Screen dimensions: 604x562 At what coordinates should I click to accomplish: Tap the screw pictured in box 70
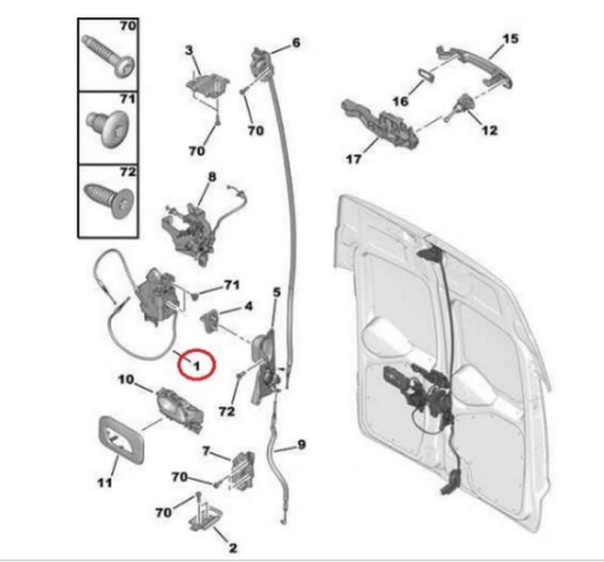point(109,57)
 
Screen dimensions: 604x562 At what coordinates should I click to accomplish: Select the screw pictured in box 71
point(107,130)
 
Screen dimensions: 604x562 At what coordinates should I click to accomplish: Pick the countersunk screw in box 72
point(109,200)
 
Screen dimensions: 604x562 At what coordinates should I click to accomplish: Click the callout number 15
point(511,38)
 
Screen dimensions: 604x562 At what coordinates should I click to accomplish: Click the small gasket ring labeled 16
point(426,75)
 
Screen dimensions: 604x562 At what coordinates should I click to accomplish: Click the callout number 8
point(212,177)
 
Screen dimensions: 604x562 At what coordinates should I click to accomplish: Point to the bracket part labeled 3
point(208,86)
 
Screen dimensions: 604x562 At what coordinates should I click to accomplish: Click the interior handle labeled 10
point(180,410)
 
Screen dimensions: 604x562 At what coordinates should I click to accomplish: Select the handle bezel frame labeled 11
point(121,439)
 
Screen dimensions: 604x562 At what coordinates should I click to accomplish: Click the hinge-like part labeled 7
point(242,471)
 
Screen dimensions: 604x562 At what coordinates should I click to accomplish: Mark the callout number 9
point(301,445)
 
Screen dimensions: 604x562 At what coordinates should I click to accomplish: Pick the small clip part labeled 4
point(210,321)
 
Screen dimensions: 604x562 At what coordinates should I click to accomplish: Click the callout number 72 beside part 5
point(226,411)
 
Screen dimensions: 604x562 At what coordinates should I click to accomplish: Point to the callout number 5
point(277,292)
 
